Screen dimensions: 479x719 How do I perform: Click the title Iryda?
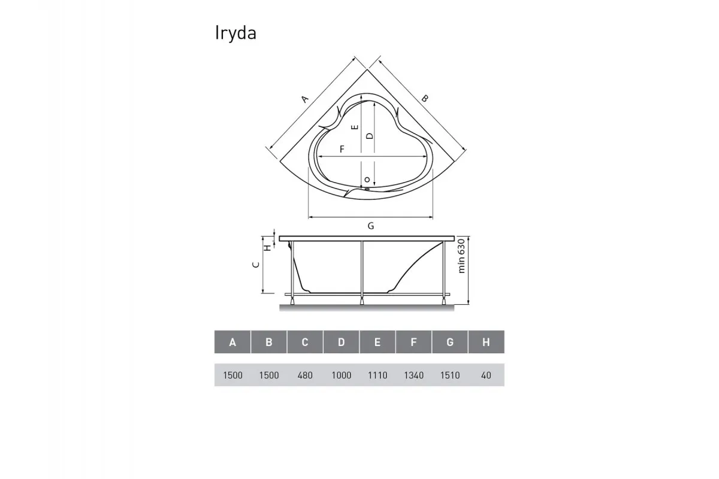pos(235,34)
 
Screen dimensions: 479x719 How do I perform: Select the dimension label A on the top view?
pos(304,99)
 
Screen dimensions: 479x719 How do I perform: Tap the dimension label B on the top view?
pos(424,98)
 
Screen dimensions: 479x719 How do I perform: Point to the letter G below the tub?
pos(371,226)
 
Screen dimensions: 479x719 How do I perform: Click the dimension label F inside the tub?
pos(342,149)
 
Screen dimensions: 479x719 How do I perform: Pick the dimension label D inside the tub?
pos(370,136)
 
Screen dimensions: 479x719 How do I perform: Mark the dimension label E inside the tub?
pos(355,128)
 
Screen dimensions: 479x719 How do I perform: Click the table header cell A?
pos(232,342)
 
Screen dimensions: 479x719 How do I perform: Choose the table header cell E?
pos(377,342)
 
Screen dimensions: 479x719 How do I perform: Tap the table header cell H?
pos(486,342)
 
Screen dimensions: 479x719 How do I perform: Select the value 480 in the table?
pos(305,375)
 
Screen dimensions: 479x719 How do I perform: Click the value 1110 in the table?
pos(377,375)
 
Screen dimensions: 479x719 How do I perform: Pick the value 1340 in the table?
pos(413,375)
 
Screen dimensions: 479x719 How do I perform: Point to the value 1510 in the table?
pos(450,375)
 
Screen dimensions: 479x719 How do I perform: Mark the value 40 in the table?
pos(486,375)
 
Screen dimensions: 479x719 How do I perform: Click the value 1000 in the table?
pos(341,375)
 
